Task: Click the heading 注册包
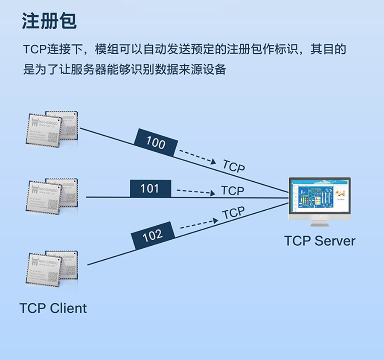49,21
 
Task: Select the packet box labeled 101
150,189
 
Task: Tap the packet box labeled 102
153,235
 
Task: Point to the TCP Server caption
320,241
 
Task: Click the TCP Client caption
53,308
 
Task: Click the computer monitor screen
319,196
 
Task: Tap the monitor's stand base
319,224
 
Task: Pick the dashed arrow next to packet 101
196,192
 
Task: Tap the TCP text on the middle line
233,191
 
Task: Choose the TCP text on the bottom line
234,213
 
